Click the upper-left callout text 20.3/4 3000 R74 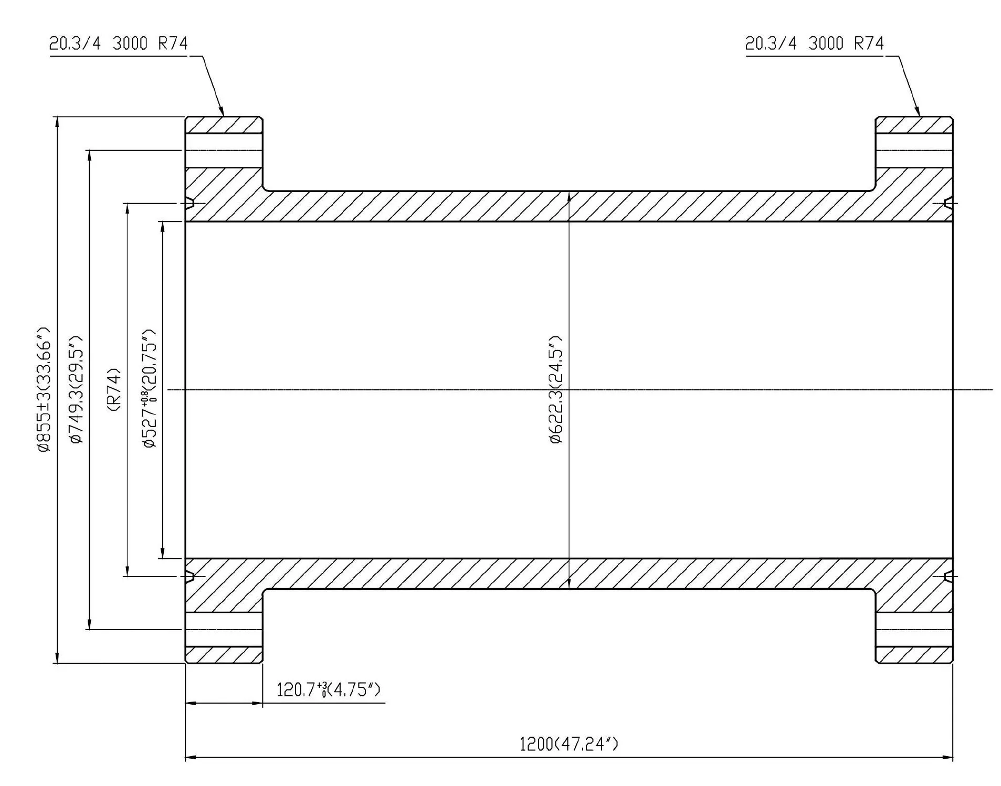(118, 43)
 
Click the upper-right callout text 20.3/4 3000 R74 (814, 43)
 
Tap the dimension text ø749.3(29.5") (76, 389)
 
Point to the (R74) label (114, 389)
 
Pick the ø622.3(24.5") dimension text (556, 389)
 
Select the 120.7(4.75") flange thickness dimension (328, 689)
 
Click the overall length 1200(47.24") (568, 744)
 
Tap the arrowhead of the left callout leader (222, 112)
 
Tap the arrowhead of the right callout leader (918, 112)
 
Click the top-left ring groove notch (190, 203)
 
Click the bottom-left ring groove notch (190, 577)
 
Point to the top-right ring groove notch (948, 203)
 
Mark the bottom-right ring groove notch (948, 577)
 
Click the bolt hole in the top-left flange (224, 151)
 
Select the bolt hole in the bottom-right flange (914, 629)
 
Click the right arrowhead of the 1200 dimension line (948, 758)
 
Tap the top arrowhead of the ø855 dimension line (57, 121)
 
